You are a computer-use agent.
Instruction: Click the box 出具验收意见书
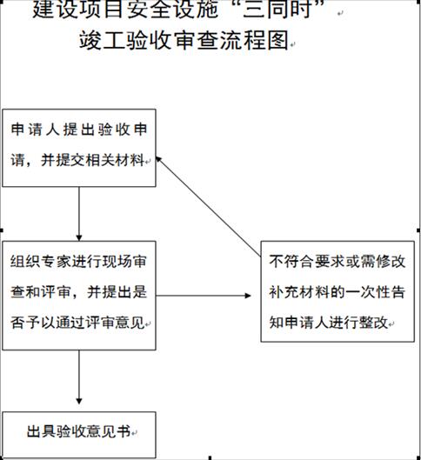[79, 435]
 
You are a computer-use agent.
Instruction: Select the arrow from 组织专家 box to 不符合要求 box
[204, 296]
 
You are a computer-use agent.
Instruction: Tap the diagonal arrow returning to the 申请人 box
[208, 206]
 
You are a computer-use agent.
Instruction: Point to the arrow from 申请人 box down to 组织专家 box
[79, 214]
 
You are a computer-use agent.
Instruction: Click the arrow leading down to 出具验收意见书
[79, 377]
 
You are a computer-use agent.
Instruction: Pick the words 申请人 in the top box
[36, 130]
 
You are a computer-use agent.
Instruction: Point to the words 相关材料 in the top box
[115, 160]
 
